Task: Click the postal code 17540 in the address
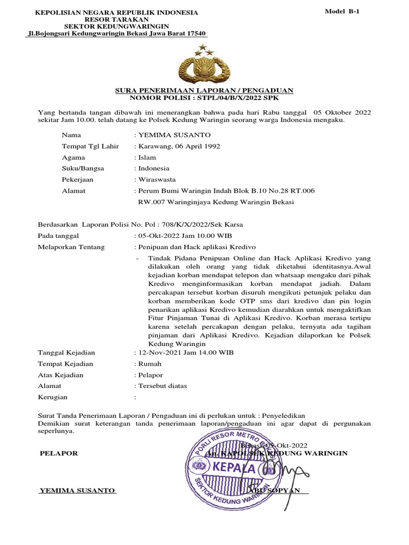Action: click(x=194, y=34)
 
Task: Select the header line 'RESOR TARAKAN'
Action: click(x=116, y=19)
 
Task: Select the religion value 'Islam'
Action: click(x=147, y=158)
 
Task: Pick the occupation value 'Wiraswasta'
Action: click(x=157, y=179)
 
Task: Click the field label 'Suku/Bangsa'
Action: click(x=83, y=168)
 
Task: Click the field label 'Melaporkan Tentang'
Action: click(x=71, y=247)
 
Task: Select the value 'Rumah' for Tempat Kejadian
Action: click(x=150, y=364)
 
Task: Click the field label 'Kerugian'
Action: click(x=53, y=397)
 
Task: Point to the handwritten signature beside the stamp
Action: click(x=290, y=471)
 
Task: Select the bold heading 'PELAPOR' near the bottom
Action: click(x=59, y=453)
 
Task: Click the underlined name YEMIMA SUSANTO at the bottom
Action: click(x=78, y=490)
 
